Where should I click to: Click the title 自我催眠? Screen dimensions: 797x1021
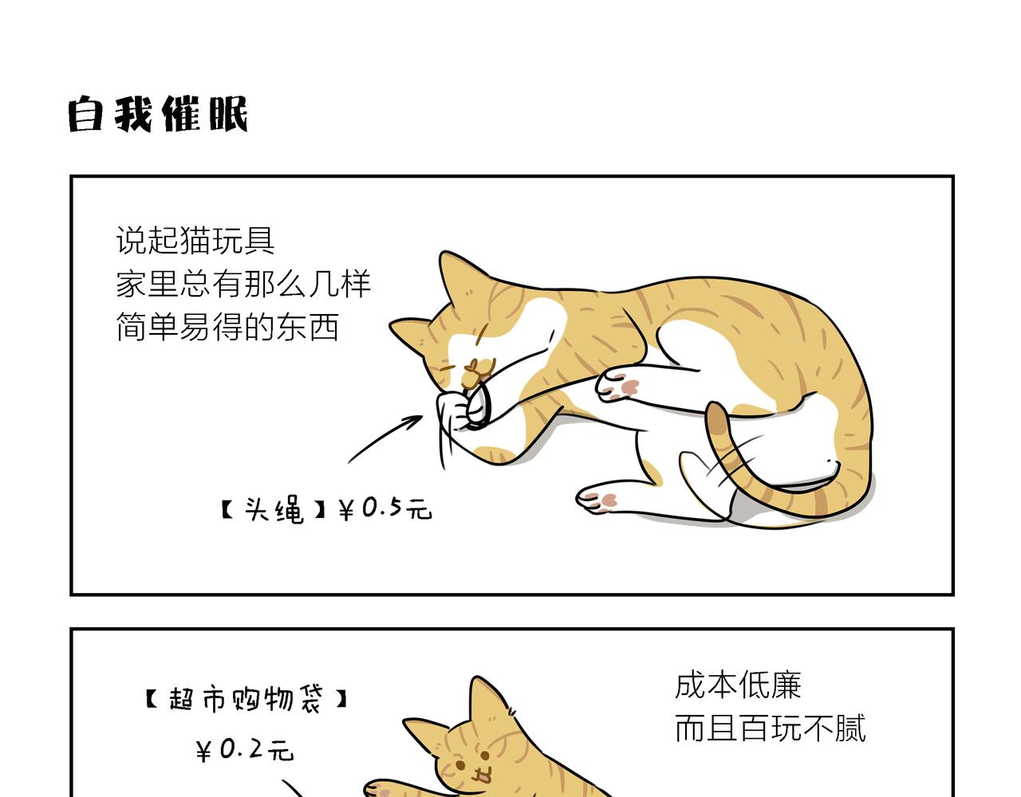click(x=158, y=114)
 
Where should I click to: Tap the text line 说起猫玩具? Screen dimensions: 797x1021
click(x=195, y=240)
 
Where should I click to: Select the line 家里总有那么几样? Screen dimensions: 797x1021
click(x=243, y=284)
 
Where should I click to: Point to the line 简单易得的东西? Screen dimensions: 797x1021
click(x=228, y=327)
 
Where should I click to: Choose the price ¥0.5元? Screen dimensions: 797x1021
click(x=385, y=508)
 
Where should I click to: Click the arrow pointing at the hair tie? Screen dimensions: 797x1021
click(x=384, y=438)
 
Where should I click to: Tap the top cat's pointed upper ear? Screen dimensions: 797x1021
click(x=451, y=275)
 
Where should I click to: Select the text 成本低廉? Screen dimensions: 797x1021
click(x=738, y=685)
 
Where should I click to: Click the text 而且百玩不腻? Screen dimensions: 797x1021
click(x=770, y=728)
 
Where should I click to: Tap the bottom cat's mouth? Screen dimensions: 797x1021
click(x=480, y=773)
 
